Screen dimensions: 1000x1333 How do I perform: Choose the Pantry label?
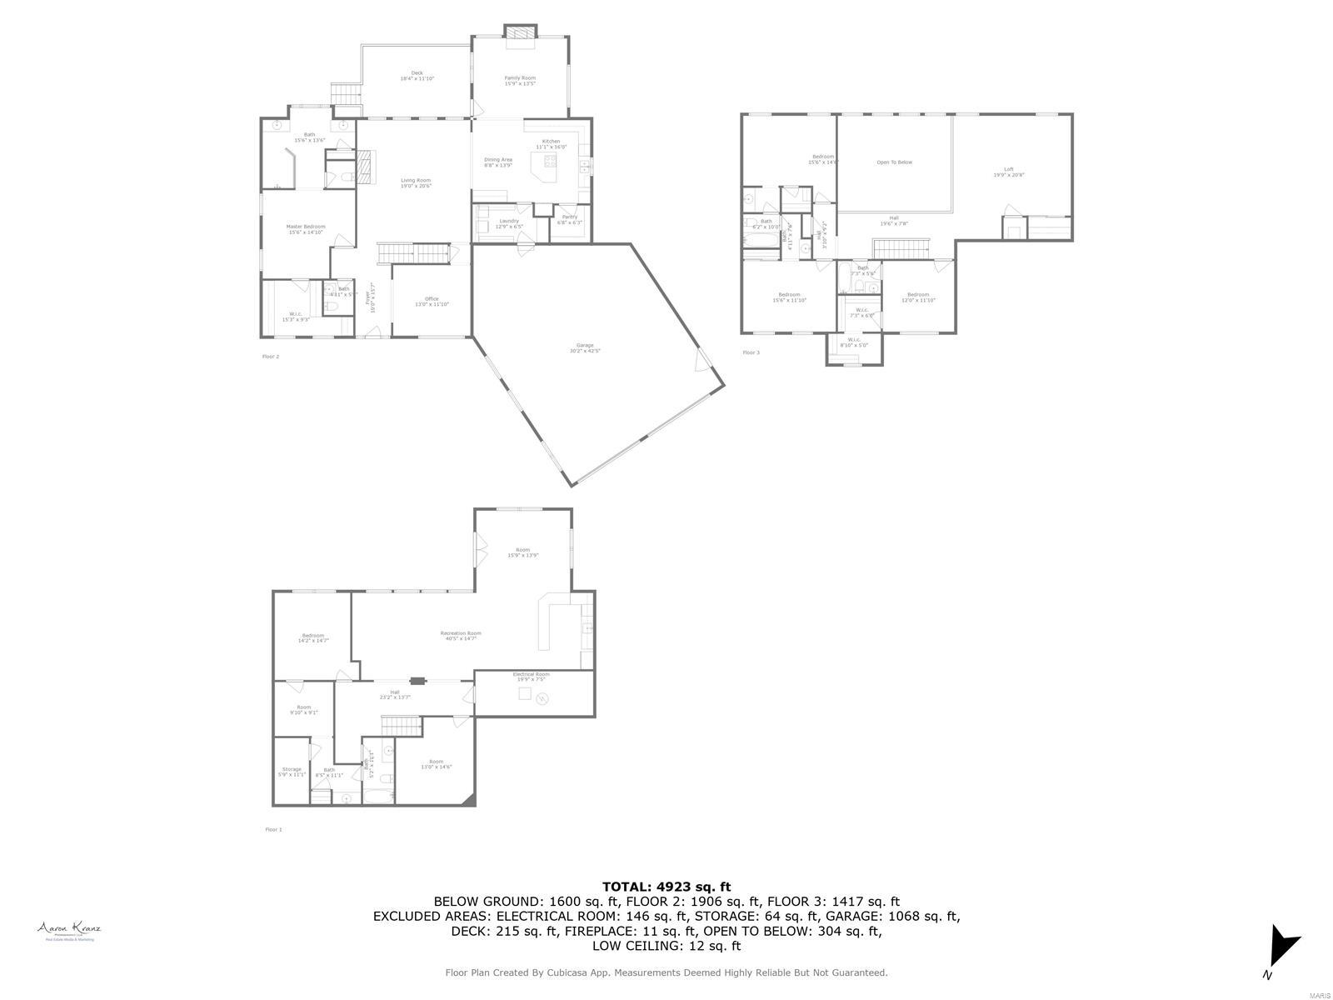(x=570, y=217)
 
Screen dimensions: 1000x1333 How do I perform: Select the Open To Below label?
(x=894, y=162)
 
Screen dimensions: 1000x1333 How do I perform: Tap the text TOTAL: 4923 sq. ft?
(x=666, y=887)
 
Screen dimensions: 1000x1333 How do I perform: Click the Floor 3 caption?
(x=751, y=352)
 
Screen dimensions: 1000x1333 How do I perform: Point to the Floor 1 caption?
(x=273, y=829)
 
